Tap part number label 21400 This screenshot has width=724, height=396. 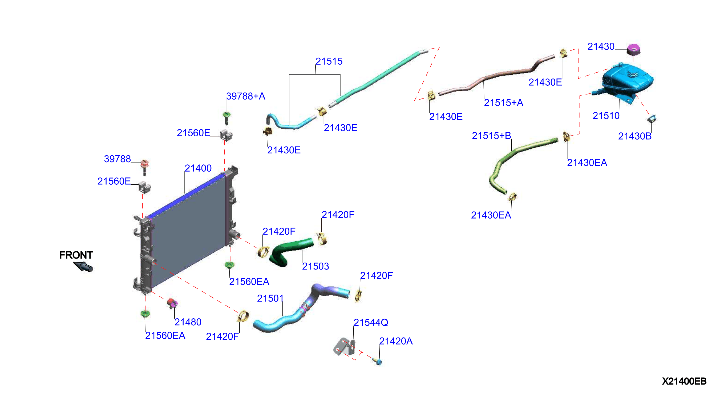pos(198,168)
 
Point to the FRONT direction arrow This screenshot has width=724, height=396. pos(83,266)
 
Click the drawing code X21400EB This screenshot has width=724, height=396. pos(684,381)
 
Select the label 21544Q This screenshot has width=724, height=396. pos(371,322)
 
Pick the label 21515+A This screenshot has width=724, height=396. pos(503,102)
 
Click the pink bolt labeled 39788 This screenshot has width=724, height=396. pos(144,167)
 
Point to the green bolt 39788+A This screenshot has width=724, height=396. pos(226,118)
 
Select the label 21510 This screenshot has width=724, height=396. pos(606,115)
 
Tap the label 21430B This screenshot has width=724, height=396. pos(635,136)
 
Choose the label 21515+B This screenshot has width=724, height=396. pos(491,136)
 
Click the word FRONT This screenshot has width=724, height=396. pos(76,255)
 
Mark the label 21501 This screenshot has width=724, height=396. pos(270,298)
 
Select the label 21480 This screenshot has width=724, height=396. pos(188,322)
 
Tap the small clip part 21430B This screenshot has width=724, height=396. pos(652,118)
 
